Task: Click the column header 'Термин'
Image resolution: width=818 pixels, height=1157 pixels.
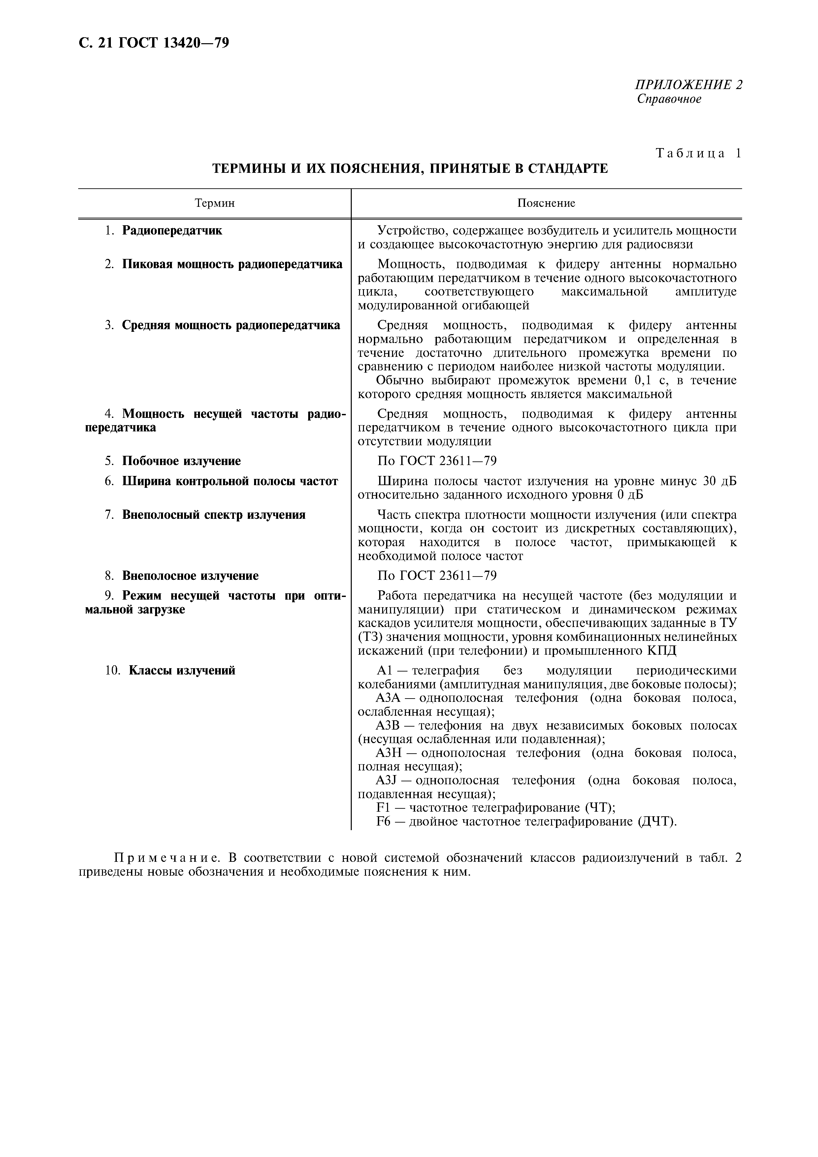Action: click(x=215, y=203)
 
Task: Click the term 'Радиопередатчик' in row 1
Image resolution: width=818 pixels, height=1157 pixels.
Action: click(x=172, y=231)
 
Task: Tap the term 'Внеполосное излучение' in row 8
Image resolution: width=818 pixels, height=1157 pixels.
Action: click(x=190, y=576)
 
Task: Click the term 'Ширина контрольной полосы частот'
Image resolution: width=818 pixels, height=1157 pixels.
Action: click(x=230, y=481)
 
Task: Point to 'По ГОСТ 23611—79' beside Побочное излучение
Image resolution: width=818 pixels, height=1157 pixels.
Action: click(x=437, y=461)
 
